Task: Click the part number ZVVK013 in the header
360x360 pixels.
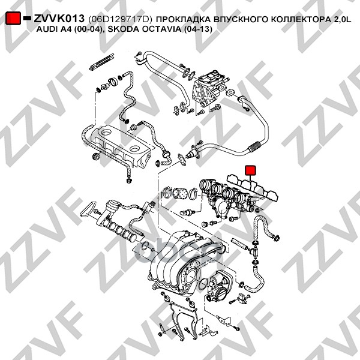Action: pyautogui.click(x=59, y=19)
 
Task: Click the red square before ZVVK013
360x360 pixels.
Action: pyautogui.click(x=13, y=19)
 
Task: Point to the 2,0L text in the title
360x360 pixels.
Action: pyautogui.click(x=340, y=20)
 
